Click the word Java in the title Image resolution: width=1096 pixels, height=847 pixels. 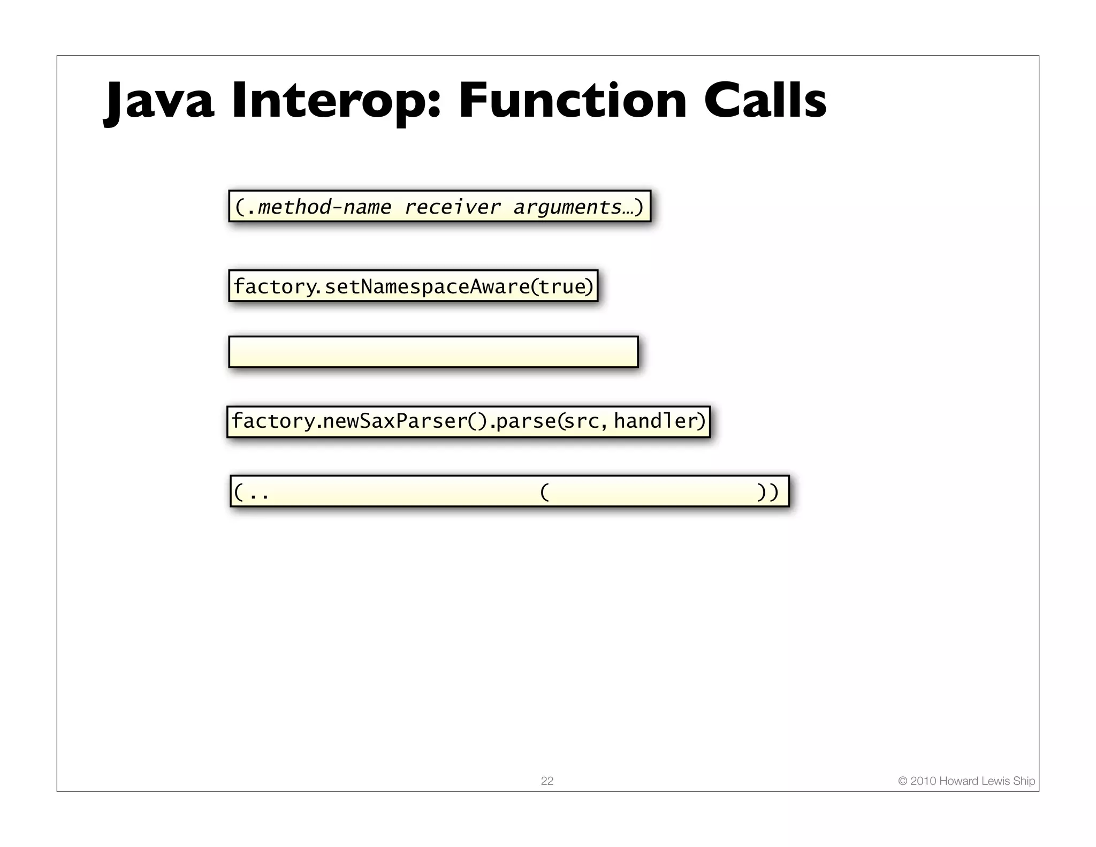click(x=159, y=102)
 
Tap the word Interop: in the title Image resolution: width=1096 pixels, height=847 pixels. click(x=336, y=102)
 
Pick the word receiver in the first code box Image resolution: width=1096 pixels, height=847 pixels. click(x=452, y=207)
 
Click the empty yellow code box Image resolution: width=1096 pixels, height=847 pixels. click(x=433, y=352)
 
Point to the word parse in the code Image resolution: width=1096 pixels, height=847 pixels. click(x=526, y=421)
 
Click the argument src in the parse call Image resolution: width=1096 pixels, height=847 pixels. click(x=582, y=421)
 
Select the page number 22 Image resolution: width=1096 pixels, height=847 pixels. click(x=547, y=781)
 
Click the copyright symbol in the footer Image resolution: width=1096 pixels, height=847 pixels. click(x=903, y=781)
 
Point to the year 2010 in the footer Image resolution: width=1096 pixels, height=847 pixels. click(x=923, y=781)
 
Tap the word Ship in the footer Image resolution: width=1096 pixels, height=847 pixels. click(x=1024, y=781)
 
